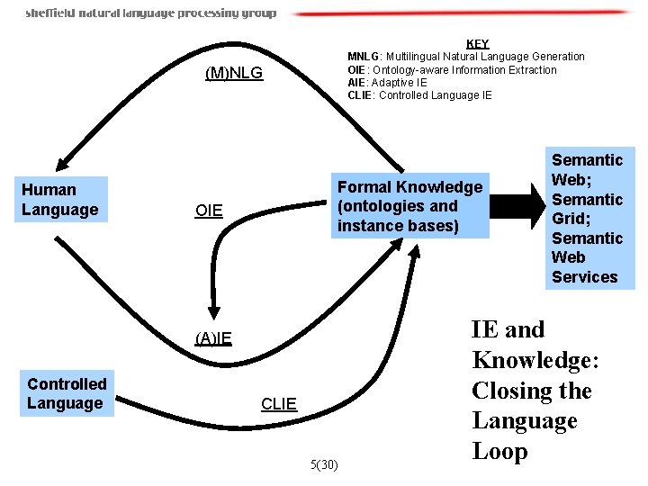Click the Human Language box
tap(59, 199)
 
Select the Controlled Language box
tap(67, 393)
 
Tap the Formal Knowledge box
tap(410, 205)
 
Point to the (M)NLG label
tap(234, 73)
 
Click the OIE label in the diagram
tap(208, 211)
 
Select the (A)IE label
tap(213, 338)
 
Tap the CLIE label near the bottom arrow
tap(278, 404)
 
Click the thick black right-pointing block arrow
tap(519, 199)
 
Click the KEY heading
tap(477, 43)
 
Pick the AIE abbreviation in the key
tap(357, 82)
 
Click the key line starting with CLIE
tap(419, 94)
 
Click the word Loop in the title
tap(499, 451)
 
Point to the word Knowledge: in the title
tap(535, 360)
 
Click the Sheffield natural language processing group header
tap(150, 13)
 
